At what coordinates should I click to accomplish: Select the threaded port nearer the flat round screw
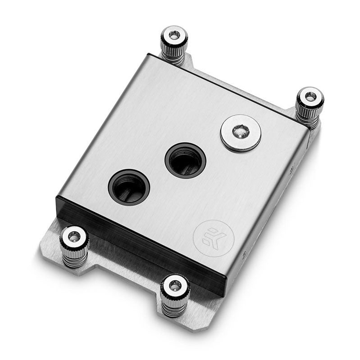(185, 161)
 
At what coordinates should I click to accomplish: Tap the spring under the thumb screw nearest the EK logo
(175, 306)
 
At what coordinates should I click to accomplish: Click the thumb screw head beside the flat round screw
(310, 97)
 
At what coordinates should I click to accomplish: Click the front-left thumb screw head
(74, 236)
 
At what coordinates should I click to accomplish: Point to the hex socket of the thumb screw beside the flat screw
(310, 95)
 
